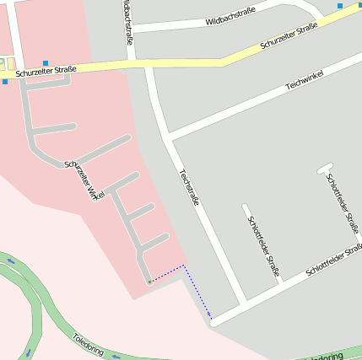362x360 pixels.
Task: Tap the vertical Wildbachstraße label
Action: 127,21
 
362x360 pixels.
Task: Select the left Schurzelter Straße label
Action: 46,73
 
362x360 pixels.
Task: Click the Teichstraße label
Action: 189,187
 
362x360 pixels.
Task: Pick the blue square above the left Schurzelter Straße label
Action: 46,63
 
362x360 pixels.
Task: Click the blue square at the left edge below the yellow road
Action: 4,82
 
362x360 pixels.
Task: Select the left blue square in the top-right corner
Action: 340,6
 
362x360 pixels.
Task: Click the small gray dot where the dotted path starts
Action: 149,282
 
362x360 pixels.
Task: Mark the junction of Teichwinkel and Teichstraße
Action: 169,136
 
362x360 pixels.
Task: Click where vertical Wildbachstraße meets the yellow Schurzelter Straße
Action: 132,62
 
